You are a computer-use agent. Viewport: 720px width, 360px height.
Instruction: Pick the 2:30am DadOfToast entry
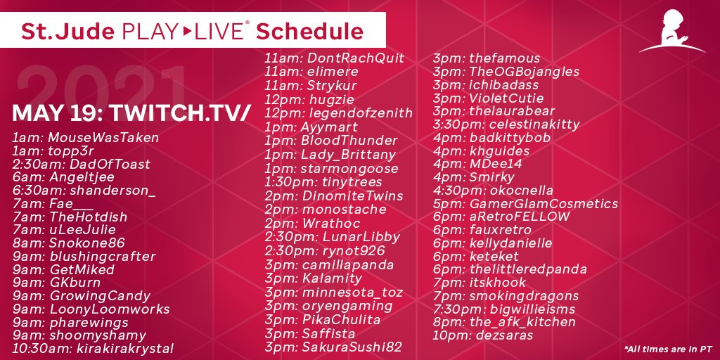pyautogui.click(x=82, y=164)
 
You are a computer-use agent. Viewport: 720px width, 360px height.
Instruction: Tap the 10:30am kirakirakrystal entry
pyautogui.click(x=93, y=348)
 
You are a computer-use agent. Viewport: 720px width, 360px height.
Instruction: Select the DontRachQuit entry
pyautogui.click(x=335, y=58)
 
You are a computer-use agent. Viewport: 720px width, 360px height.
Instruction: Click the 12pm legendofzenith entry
pyautogui.click(x=339, y=113)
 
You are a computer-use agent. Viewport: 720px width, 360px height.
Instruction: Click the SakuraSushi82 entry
pyautogui.click(x=333, y=347)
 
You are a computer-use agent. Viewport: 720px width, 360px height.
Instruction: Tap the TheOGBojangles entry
pyautogui.click(x=506, y=72)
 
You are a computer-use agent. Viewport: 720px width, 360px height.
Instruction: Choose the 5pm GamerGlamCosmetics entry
pyautogui.click(x=525, y=204)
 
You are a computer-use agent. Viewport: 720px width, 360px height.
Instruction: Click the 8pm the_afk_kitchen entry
pyautogui.click(x=504, y=322)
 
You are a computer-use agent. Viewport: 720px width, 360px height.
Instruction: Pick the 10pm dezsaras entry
pyautogui.click(x=483, y=335)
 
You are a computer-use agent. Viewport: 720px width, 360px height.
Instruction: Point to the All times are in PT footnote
pyautogui.click(x=668, y=349)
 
